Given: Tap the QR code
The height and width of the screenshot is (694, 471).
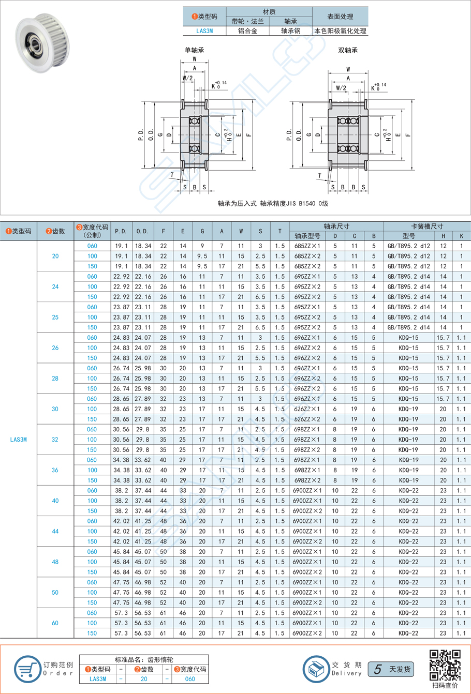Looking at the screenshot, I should tap(445, 665).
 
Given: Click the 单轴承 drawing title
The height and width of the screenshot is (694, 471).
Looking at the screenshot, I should tap(195, 50).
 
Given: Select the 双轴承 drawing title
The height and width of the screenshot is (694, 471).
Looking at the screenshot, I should tap(348, 50).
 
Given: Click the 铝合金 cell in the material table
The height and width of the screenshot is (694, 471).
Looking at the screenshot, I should tap(247, 31).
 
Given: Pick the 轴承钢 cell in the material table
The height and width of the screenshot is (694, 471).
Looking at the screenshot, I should tap(290, 31).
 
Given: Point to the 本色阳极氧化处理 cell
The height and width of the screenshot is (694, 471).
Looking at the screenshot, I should tap(340, 31).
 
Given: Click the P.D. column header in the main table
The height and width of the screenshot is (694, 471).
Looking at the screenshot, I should tap(121, 231).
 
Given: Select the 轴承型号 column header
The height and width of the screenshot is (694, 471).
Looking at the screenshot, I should tap(307, 236).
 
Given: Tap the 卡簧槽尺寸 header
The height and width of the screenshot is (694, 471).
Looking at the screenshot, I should tap(426, 227).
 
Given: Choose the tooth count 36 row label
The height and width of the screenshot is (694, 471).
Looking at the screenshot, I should tap(55, 470).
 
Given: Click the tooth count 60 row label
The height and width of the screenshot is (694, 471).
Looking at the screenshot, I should tap(55, 623).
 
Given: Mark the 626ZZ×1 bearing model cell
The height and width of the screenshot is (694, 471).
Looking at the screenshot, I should tap(307, 409).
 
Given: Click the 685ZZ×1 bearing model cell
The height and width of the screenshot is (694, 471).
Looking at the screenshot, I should tap(307, 246).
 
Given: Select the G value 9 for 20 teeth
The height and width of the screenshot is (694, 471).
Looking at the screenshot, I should tap(202, 246).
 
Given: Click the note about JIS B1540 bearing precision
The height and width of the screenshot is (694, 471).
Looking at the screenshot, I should tap(273, 204).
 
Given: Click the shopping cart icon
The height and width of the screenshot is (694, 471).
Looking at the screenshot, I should tap(27, 668).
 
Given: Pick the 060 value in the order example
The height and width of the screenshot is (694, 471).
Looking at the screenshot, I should tap(190, 679).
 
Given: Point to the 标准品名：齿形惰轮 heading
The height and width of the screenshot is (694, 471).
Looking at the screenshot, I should tap(144, 660).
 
